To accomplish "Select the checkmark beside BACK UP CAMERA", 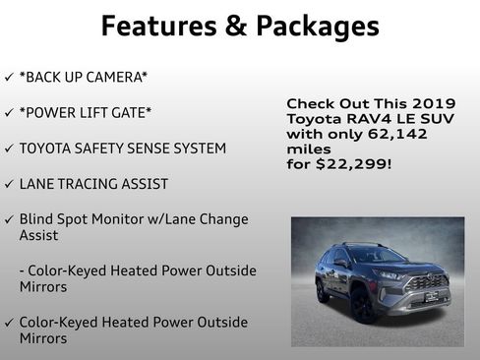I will click(9, 77).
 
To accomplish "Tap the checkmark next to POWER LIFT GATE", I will click(9, 112).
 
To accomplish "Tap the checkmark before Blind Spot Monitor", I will click(9, 218).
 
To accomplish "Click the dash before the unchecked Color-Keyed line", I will click(22, 270).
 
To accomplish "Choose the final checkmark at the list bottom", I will click(9, 322).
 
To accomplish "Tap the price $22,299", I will click(358, 163).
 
